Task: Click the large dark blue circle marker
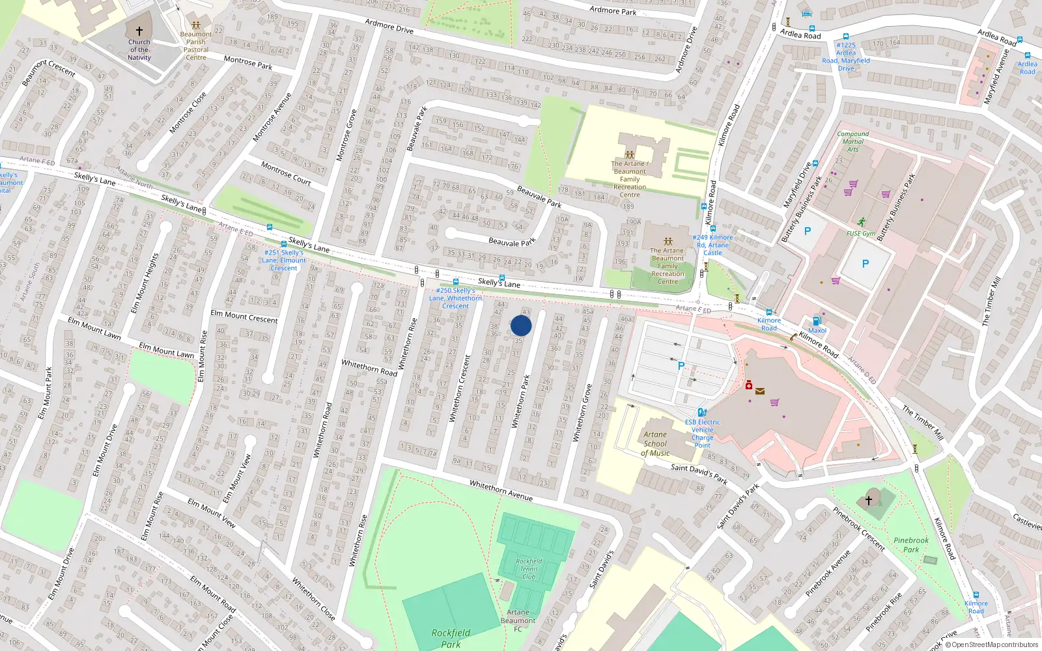pyautogui.click(x=521, y=325)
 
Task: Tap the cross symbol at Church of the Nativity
pyautogui.click(x=139, y=31)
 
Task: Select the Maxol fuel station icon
pyautogui.click(x=817, y=321)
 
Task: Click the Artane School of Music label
pyautogui.click(x=655, y=444)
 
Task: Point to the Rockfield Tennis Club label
pyautogui.click(x=529, y=568)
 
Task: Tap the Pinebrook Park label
pyautogui.click(x=911, y=545)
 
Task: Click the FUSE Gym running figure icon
pyautogui.click(x=862, y=223)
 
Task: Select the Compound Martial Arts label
pyautogui.click(x=852, y=141)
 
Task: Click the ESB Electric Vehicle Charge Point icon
pyautogui.click(x=701, y=412)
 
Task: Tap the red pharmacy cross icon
pyautogui.click(x=749, y=385)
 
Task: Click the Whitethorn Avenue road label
pyautogui.click(x=501, y=491)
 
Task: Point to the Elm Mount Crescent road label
pyautogui.click(x=244, y=316)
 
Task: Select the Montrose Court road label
pyautogui.click(x=286, y=174)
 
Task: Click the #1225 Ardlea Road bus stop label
pyautogui.click(x=846, y=57)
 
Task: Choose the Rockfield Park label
pyautogui.click(x=451, y=638)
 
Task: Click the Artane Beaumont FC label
pyautogui.click(x=518, y=620)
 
